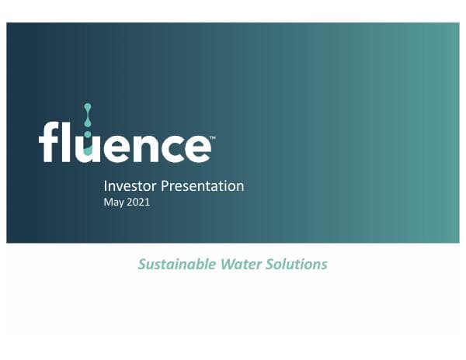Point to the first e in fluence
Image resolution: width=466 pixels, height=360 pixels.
[x=115, y=147]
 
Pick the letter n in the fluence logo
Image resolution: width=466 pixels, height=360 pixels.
[x=142, y=147]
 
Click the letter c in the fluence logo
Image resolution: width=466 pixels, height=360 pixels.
[x=169, y=147]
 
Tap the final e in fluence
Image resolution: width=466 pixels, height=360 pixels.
[x=195, y=147]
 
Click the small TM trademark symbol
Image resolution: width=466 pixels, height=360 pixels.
[x=212, y=137]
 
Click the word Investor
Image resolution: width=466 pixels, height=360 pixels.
[x=127, y=186]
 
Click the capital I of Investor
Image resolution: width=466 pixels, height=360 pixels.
[x=106, y=186]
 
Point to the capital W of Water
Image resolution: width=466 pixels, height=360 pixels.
[x=221, y=265]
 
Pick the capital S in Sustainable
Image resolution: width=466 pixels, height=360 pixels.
[x=142, y=265]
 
